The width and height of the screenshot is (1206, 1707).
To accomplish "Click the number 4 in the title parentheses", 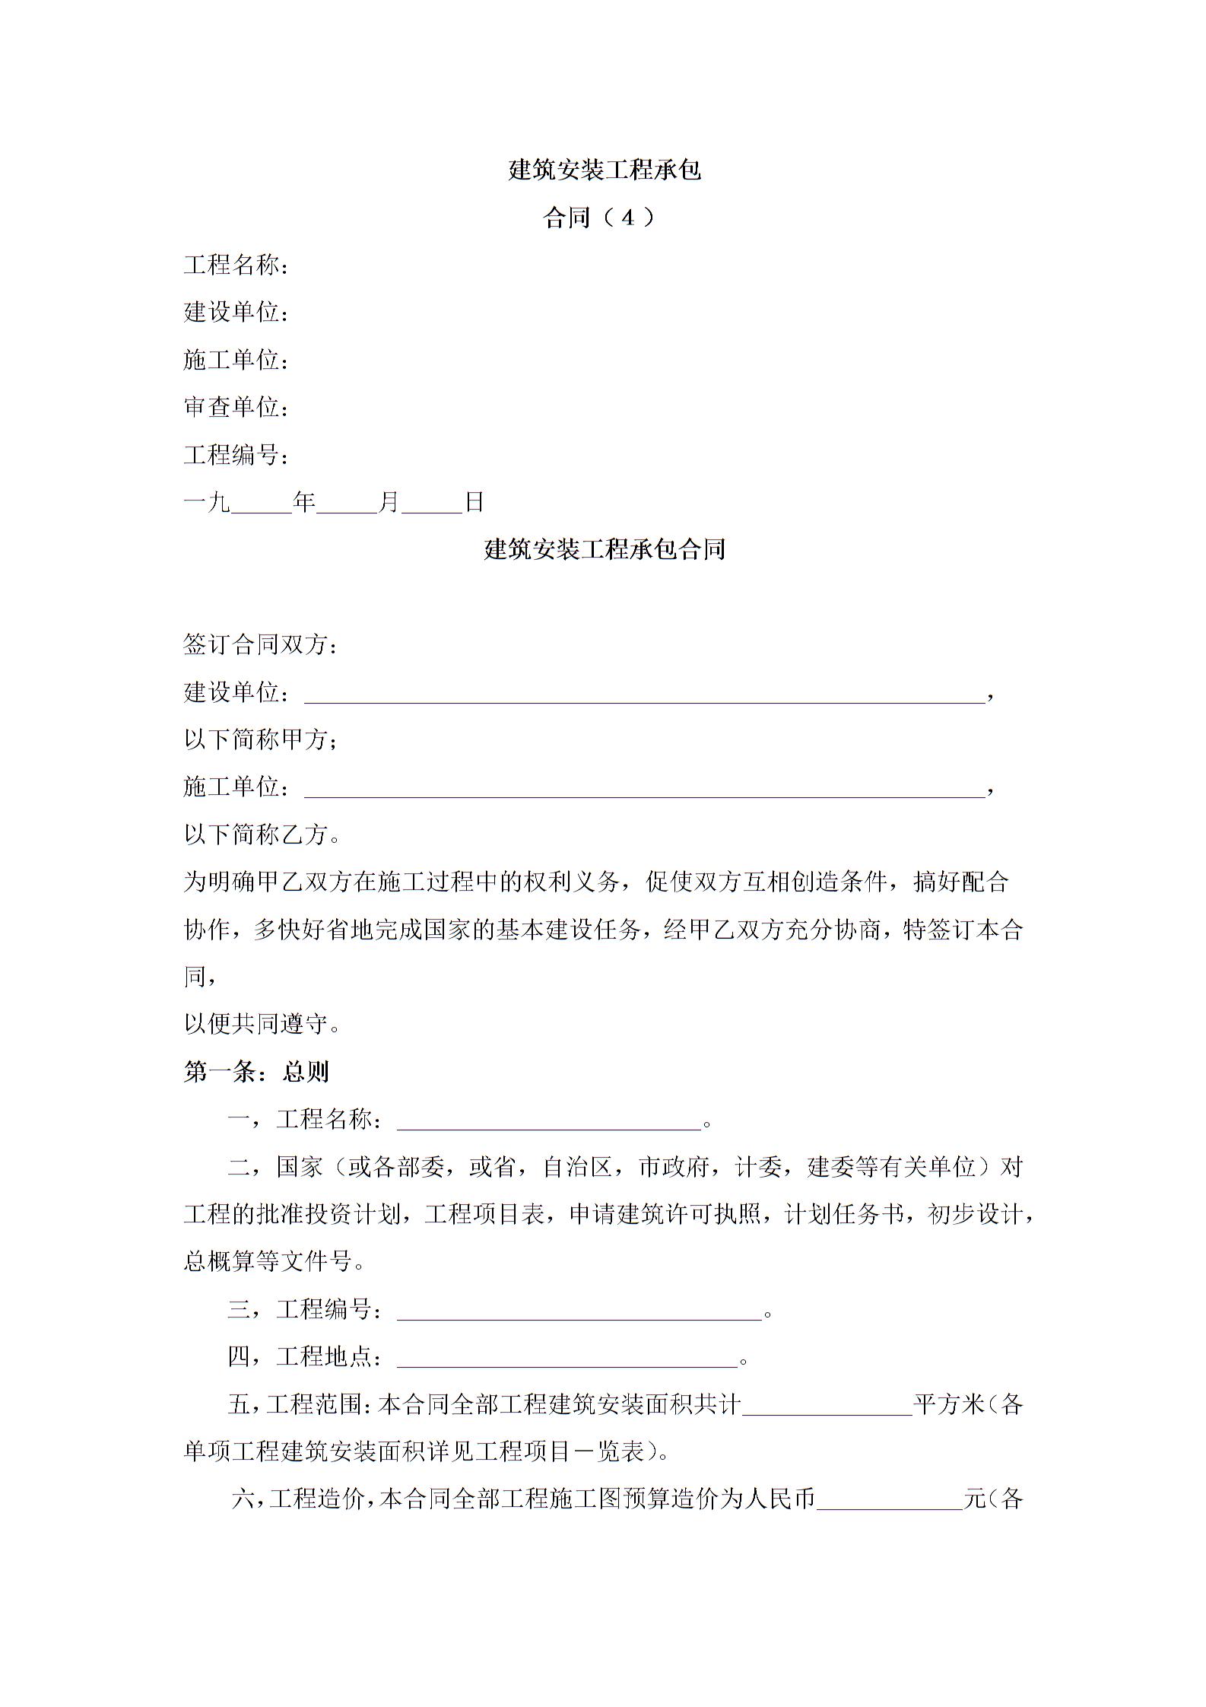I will coord(627,218).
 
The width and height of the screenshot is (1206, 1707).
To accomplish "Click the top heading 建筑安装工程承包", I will coord(604,170).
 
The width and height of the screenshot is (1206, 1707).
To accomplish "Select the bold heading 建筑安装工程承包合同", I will coord(604,549).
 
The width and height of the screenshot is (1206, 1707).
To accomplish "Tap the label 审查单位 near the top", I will coord(232,407).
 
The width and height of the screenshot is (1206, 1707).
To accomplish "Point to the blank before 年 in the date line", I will coord(262,504).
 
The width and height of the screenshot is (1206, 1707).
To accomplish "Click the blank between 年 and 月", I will coord(347,504).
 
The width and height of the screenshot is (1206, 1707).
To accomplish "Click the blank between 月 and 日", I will coord(432,504).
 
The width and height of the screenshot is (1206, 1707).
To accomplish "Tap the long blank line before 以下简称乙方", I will coord(644,790).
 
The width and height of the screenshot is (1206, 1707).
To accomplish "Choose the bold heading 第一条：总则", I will coord(256,1072).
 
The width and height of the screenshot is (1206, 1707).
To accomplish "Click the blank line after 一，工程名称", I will coord(548,1122).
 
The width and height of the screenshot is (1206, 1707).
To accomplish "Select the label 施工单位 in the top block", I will coord(232,360).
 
